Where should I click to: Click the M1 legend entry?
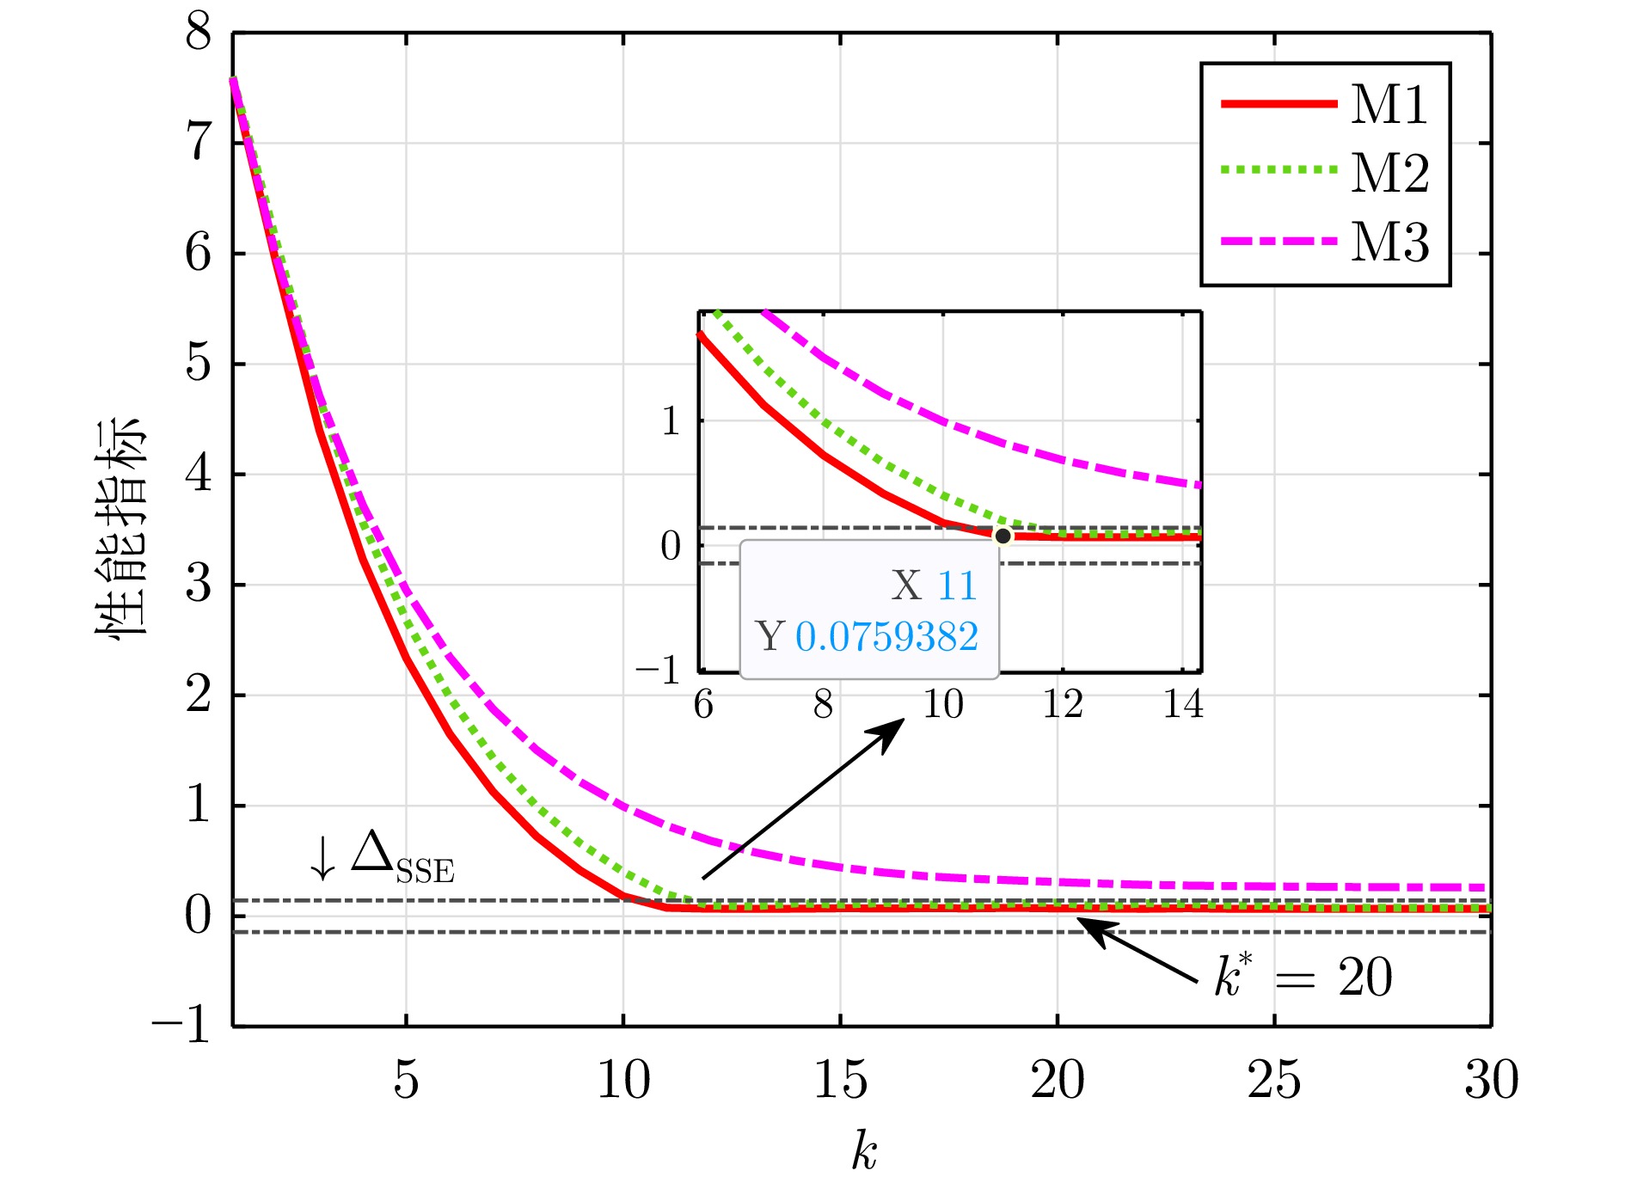(x=1388, y=105)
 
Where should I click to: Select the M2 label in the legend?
(x=1389, y=173)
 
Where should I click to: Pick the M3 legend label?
(x=1389, y=242)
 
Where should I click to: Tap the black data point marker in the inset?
(x=1003, y=536)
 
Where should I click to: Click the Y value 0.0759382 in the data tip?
(x=886, y=637)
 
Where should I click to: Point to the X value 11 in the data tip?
(x=957, y=586)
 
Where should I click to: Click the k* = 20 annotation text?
(x=1303, y=978)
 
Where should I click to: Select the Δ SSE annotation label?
(x=402, y=858)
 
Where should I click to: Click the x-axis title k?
(x=863, y=1150)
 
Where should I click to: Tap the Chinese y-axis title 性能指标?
(x=120, y=527)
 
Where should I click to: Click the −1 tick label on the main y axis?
(x=181, y=1025)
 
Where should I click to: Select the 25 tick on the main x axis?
(x=1273, y=1080)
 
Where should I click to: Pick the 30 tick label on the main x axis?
(x=1491, y=1080)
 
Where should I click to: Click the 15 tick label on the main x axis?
(x=840, y=1080)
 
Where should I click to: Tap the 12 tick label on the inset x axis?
(x=1063, y=705)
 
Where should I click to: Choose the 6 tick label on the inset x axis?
(x=703, y=705)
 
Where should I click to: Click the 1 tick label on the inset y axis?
(x=671, y=421)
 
